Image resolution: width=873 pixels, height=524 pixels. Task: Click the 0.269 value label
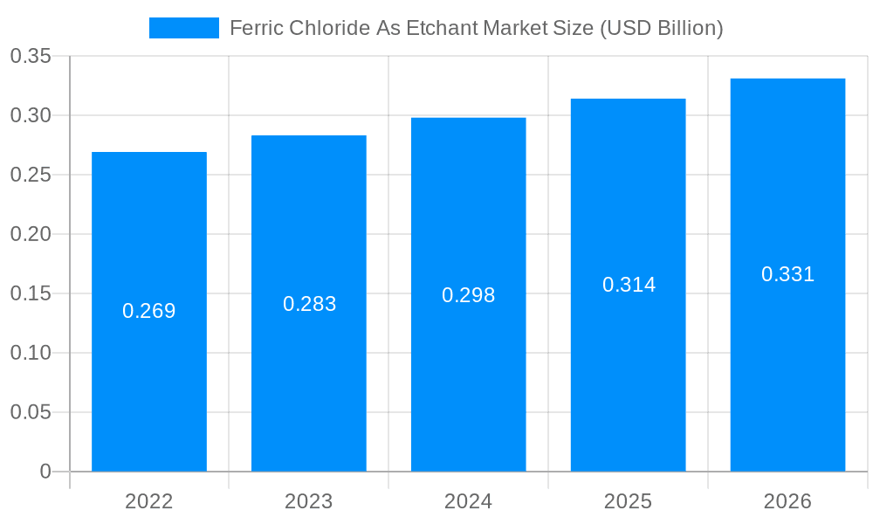(x=149, y=311)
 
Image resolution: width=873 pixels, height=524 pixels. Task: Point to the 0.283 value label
(x=309, y=304)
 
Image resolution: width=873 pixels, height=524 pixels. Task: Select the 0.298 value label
(x=469, y=295)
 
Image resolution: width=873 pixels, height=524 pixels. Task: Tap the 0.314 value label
(x=629, y=285)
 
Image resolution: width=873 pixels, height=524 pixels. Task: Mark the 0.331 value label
(x=788, y=274)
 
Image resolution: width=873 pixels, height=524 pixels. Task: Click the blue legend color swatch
(x=184, y=28)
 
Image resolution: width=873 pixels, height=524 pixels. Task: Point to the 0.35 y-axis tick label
(x=31, y=57)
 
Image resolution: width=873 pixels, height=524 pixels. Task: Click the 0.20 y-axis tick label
(x=31, y=234)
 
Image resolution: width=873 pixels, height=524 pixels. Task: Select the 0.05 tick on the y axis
(x=31, y=412)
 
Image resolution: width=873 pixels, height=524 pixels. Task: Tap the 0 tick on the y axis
(x=45, y=472)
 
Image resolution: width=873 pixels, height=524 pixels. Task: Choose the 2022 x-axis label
(x=149, y=501)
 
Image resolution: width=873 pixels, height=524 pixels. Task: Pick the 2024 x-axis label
(x=469, y=501)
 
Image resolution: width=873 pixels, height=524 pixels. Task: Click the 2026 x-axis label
(x=788, y=501)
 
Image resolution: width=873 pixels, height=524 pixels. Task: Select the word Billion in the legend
(x=686, y=28)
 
